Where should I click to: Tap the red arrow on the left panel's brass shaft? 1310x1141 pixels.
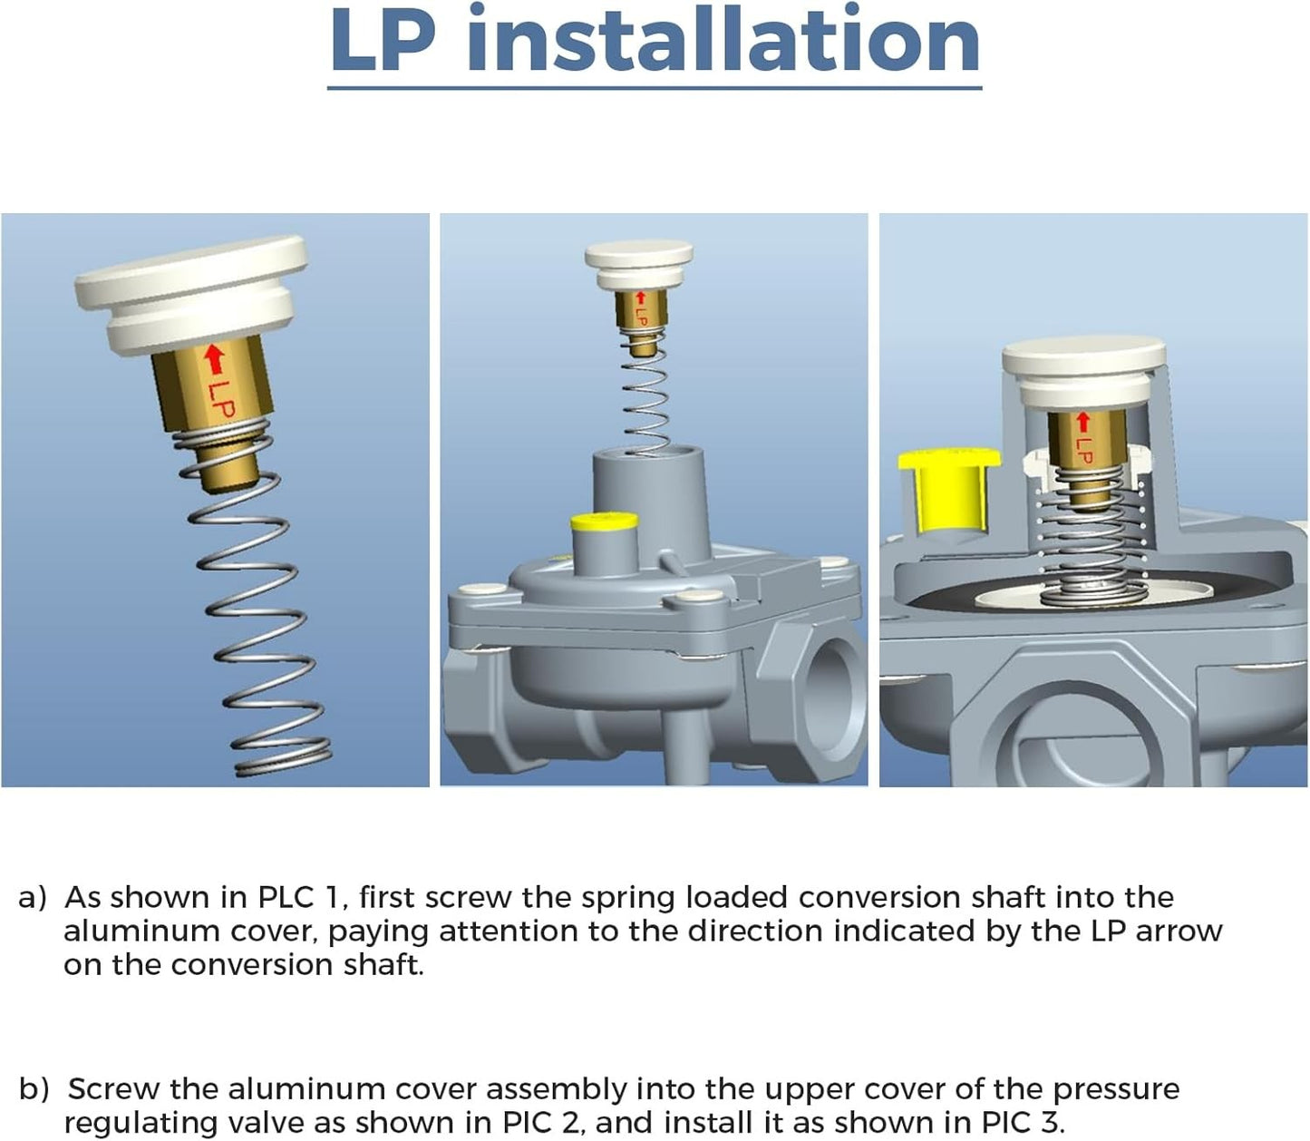[216, 358]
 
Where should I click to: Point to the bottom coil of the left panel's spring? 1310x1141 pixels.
[284, 765]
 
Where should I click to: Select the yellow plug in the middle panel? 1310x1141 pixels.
[604, 522]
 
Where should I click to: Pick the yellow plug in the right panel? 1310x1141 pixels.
[949, 489]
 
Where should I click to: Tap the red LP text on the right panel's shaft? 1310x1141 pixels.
[1083, 449]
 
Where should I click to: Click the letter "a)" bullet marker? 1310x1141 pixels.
[33, 899]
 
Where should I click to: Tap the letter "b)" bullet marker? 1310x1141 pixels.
[34, 1088]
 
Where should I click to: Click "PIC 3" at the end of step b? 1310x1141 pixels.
[1022, 1123]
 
